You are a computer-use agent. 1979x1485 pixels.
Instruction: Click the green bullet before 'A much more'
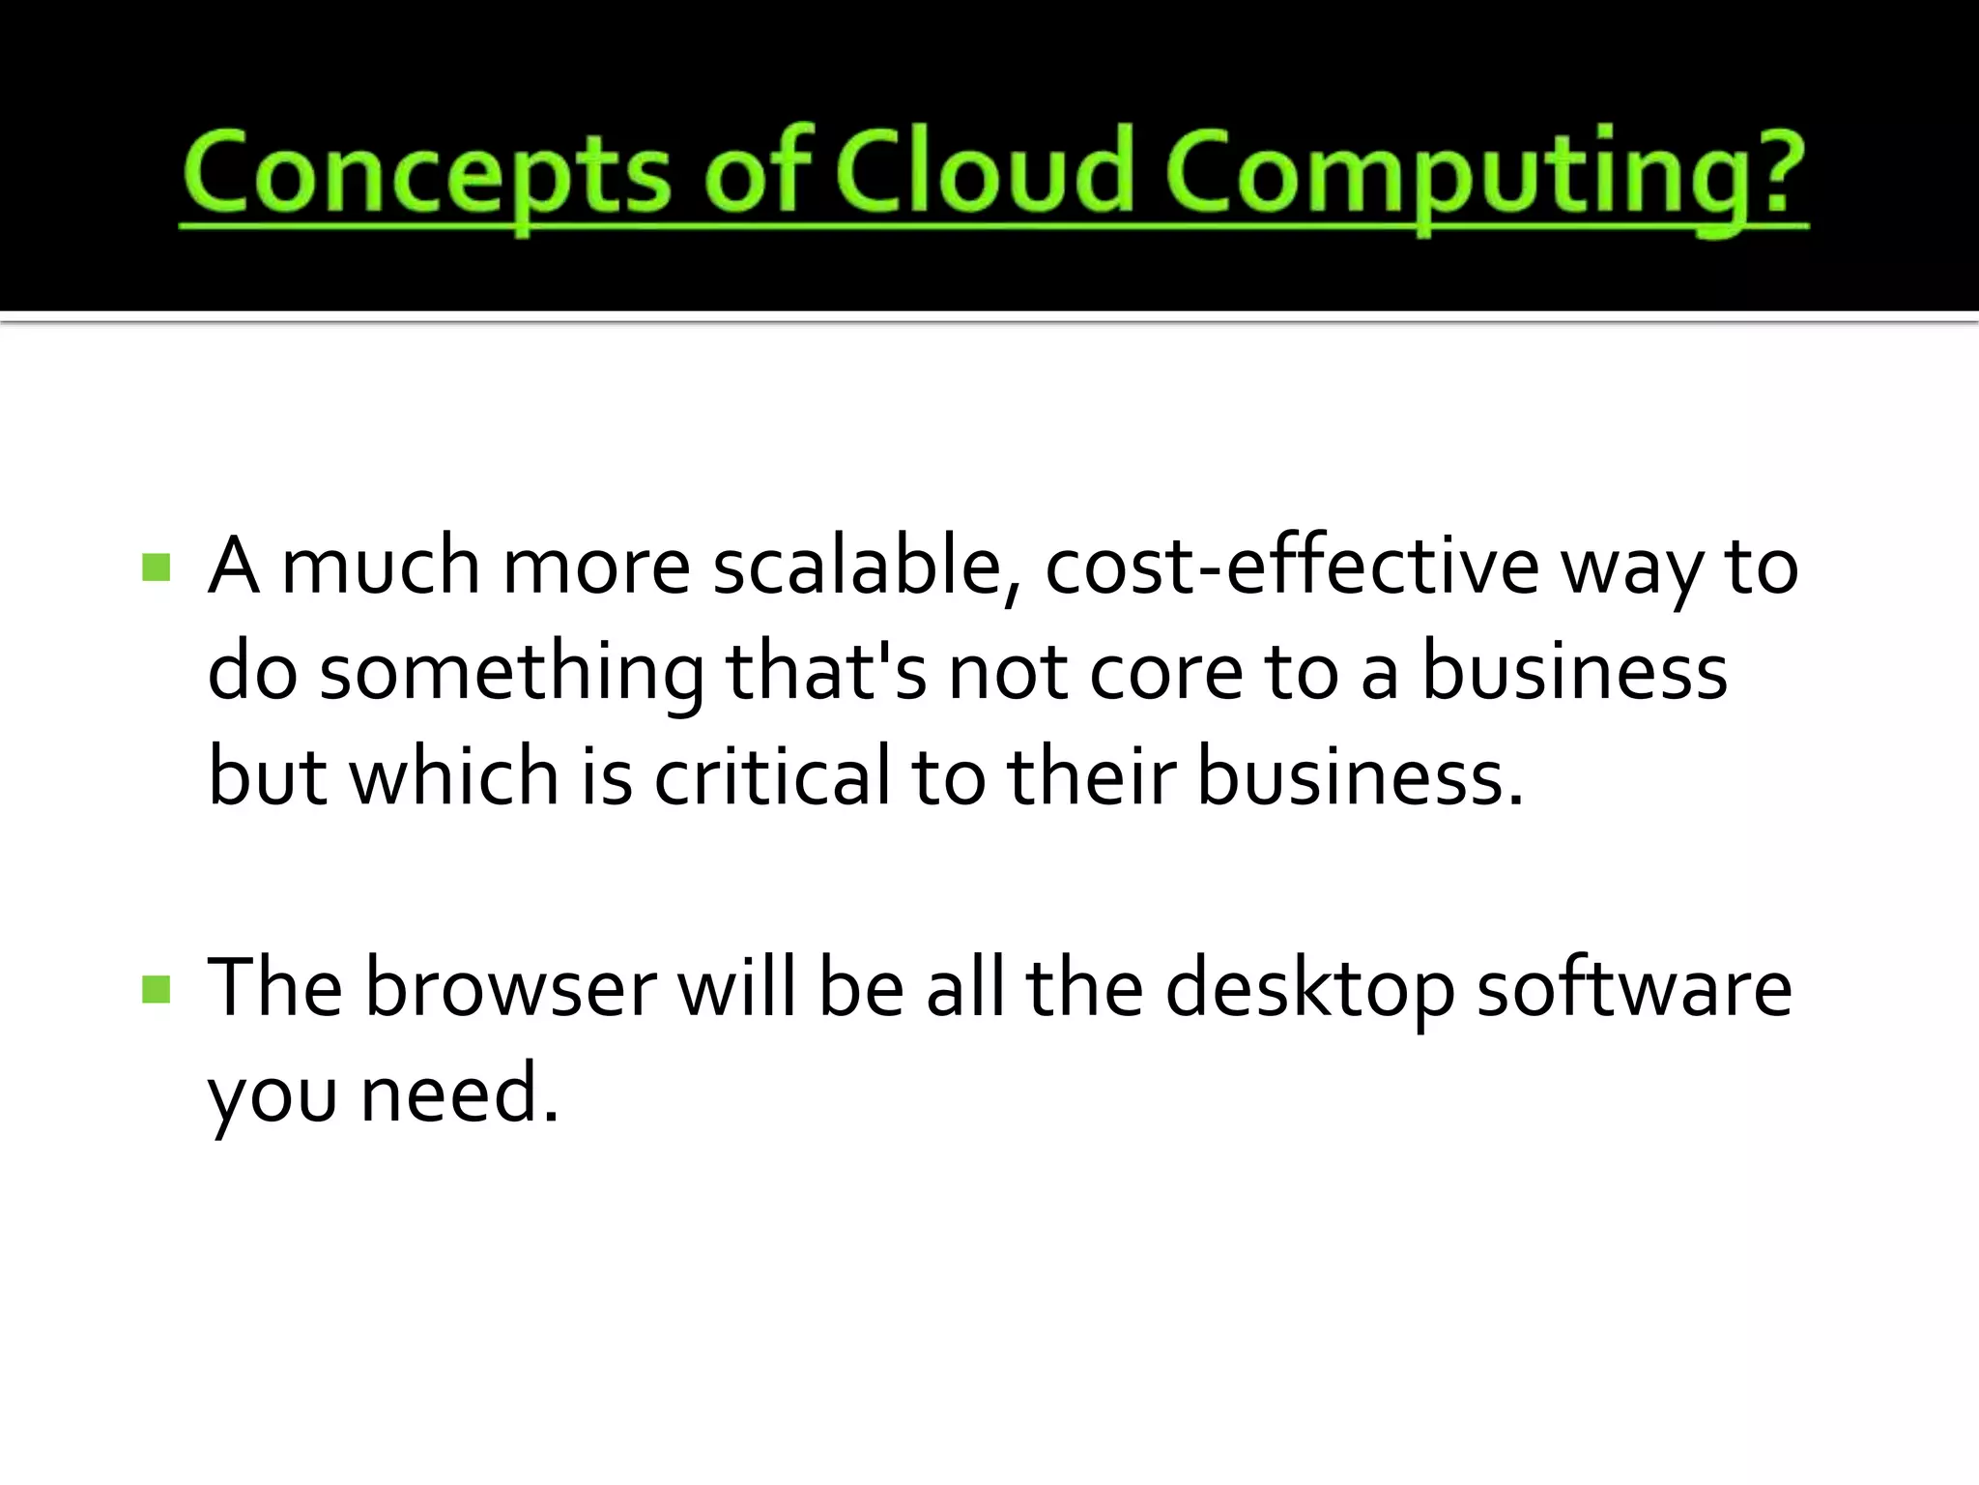[156, 568]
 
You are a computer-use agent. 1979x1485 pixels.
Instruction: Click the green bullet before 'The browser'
[156, 989]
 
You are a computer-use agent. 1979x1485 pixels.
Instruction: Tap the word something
[512, 674]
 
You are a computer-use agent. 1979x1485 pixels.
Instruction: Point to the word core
[1166, 674]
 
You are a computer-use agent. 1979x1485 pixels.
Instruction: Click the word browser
[510, 988]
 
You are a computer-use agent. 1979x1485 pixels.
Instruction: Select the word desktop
[1309, 990]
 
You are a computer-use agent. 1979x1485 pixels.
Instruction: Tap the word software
[1634, 988]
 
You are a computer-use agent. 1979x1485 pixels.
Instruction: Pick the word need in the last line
[450, 1093]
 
